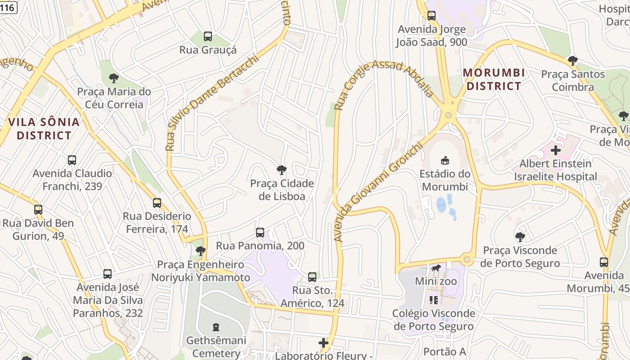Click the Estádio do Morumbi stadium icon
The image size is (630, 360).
[x=445, y=160]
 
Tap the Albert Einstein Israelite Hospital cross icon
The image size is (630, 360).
[x=556, y=150]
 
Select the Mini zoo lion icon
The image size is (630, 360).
[x=436, y=269]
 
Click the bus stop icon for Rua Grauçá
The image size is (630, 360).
[x=207, y=36]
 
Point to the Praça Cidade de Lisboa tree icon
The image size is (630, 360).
[x=282, y=170]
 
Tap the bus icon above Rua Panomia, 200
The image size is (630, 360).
[x=260, y=233]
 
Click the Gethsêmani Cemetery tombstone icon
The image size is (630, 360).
[x=216, y=327]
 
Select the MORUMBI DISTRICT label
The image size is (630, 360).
[x=494, y=79]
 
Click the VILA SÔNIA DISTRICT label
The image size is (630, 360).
[x=44, y=128]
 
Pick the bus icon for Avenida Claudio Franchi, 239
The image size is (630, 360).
[x=72, y=160]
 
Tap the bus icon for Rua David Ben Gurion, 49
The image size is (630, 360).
[x=38, y=210]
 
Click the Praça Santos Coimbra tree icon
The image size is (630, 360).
[x=572, y=61]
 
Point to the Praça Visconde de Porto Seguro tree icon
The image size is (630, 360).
[x=520, y=237]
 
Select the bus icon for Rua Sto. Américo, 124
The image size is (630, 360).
[x=312, y=277]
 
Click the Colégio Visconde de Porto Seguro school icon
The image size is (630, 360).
[x=434, y=300]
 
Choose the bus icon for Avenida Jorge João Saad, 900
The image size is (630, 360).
[x=431, y=16]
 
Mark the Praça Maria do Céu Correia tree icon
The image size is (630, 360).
[x=114, y=78]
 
